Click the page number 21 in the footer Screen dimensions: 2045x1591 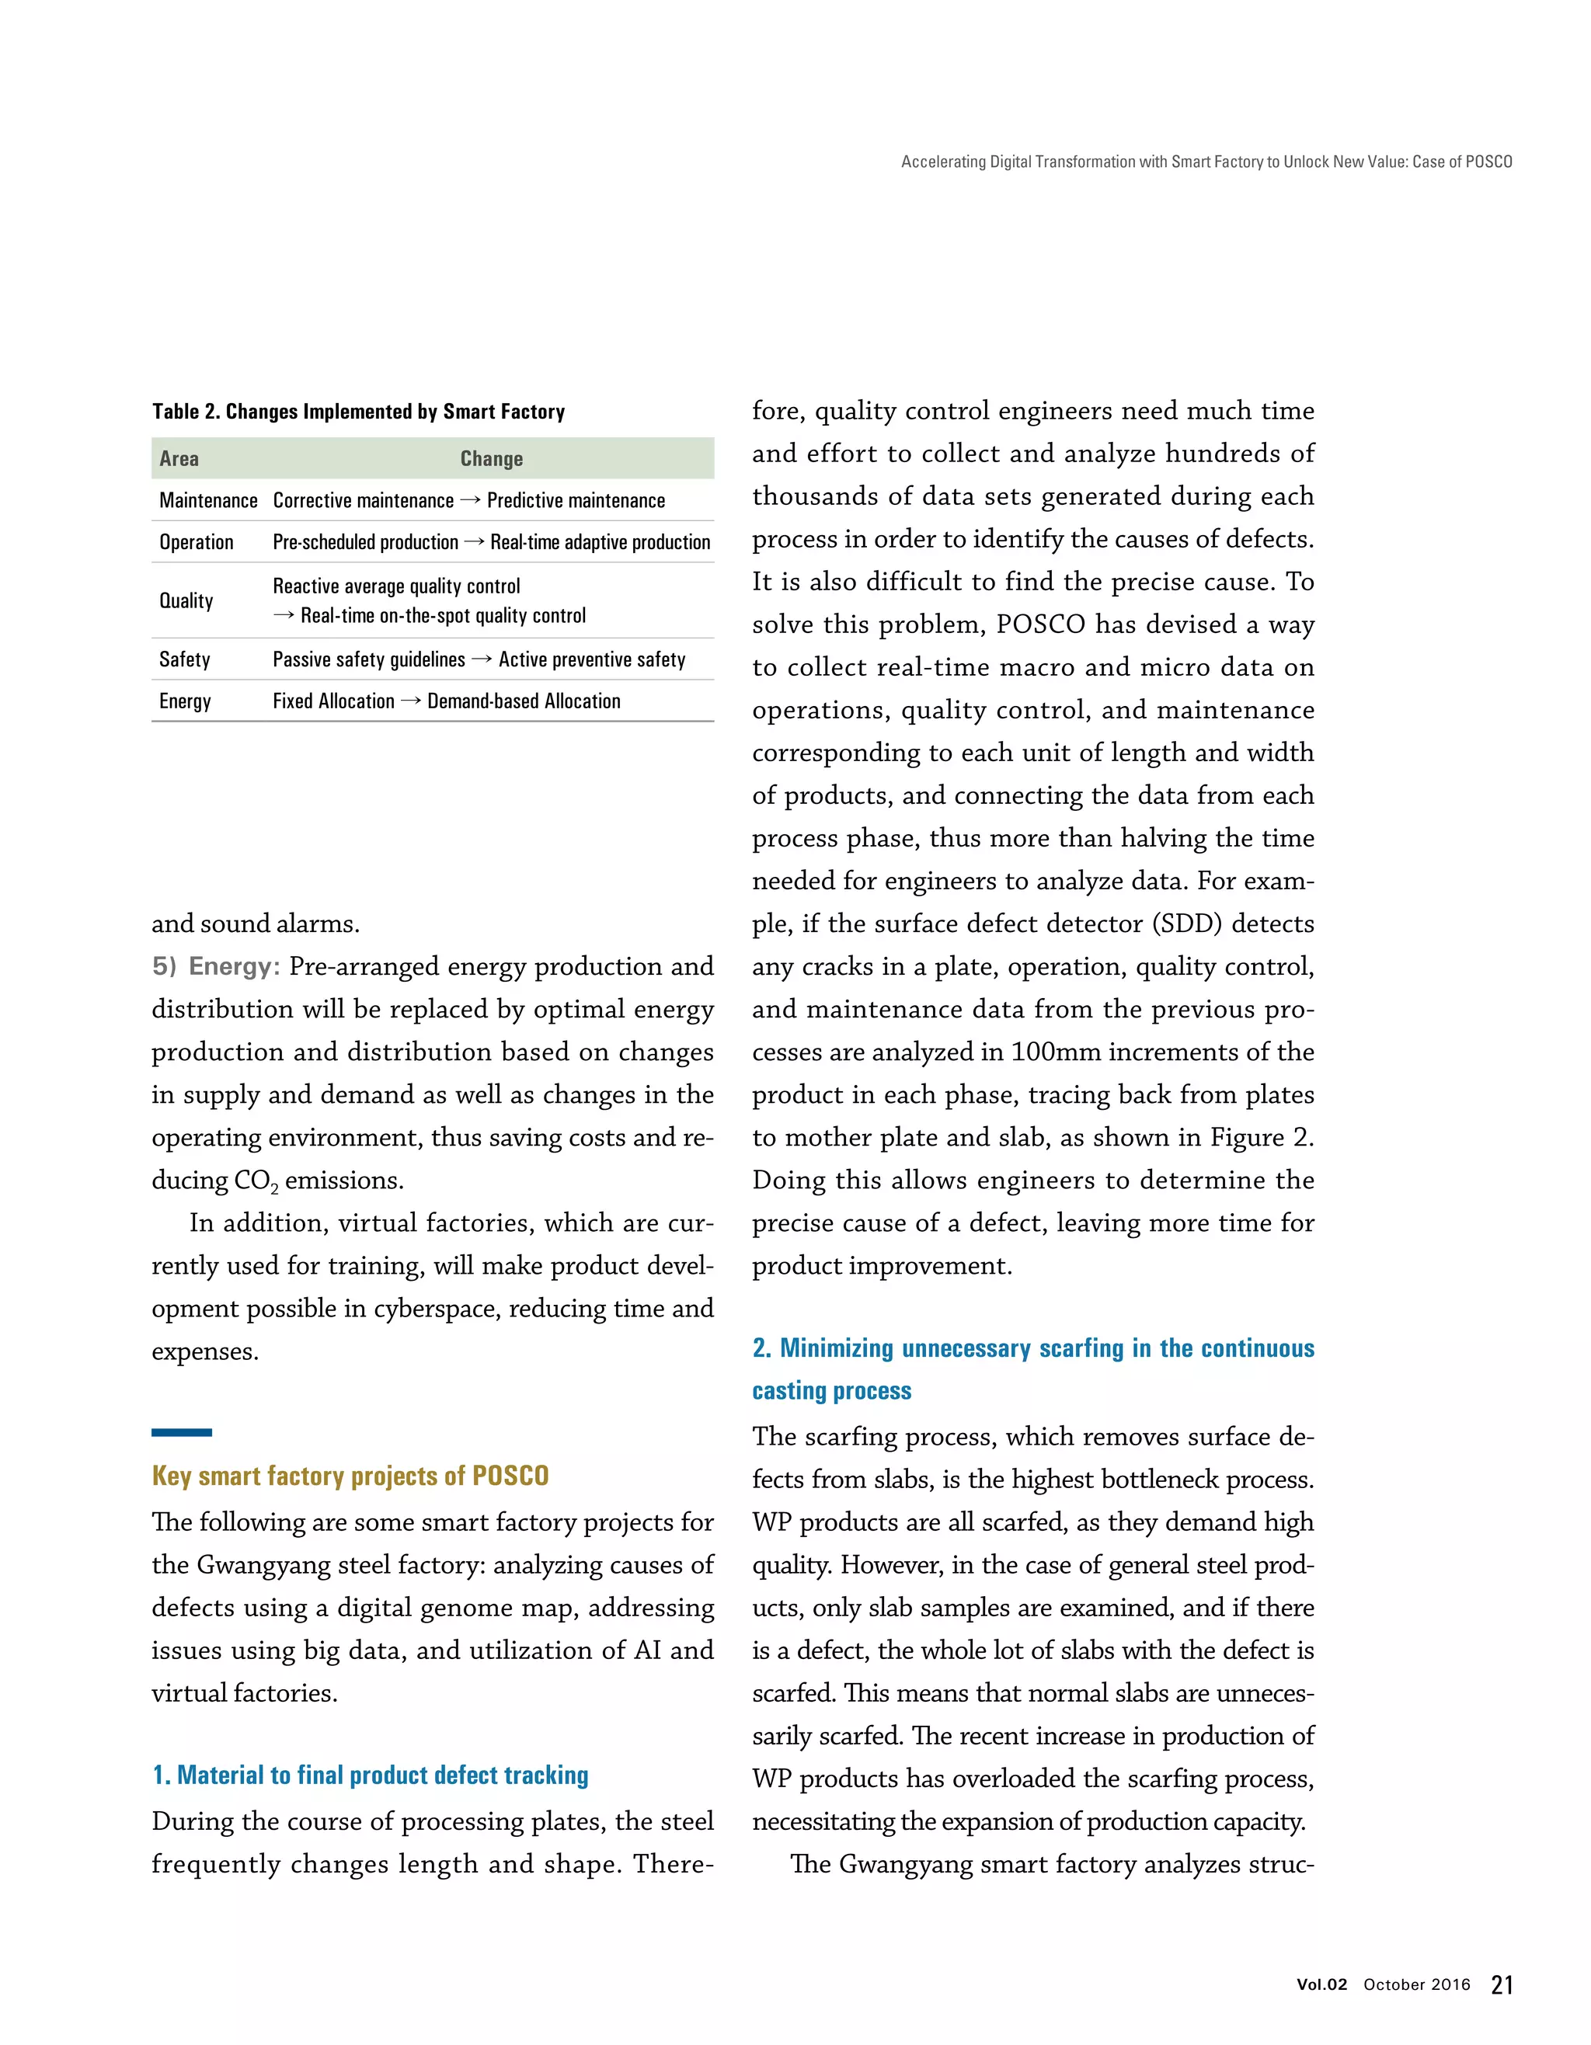(1501, 1984)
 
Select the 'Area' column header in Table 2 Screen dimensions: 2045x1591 (179, 459)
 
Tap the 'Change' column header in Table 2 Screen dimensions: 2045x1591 (492, 459)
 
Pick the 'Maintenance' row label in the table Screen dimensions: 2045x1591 (208, 501)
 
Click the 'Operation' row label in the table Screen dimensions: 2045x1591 (197, 542)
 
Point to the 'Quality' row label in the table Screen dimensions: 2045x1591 (186, 600)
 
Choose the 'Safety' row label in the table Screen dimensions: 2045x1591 (184, 659)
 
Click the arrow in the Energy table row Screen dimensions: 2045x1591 (411, 701)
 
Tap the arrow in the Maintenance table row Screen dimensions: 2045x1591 (470, 501)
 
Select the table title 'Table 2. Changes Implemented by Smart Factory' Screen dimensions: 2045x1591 (359, 412)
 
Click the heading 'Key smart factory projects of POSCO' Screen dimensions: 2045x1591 (350, 1476)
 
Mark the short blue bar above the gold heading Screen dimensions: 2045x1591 (182, 1431)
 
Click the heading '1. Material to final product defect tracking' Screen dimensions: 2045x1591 (371, 1775)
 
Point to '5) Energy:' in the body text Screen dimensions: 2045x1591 (216, 966)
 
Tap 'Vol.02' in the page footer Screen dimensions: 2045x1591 (1321, 1985)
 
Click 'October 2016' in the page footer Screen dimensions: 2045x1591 (1417, 1985)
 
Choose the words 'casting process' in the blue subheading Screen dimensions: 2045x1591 (831, 1390)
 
